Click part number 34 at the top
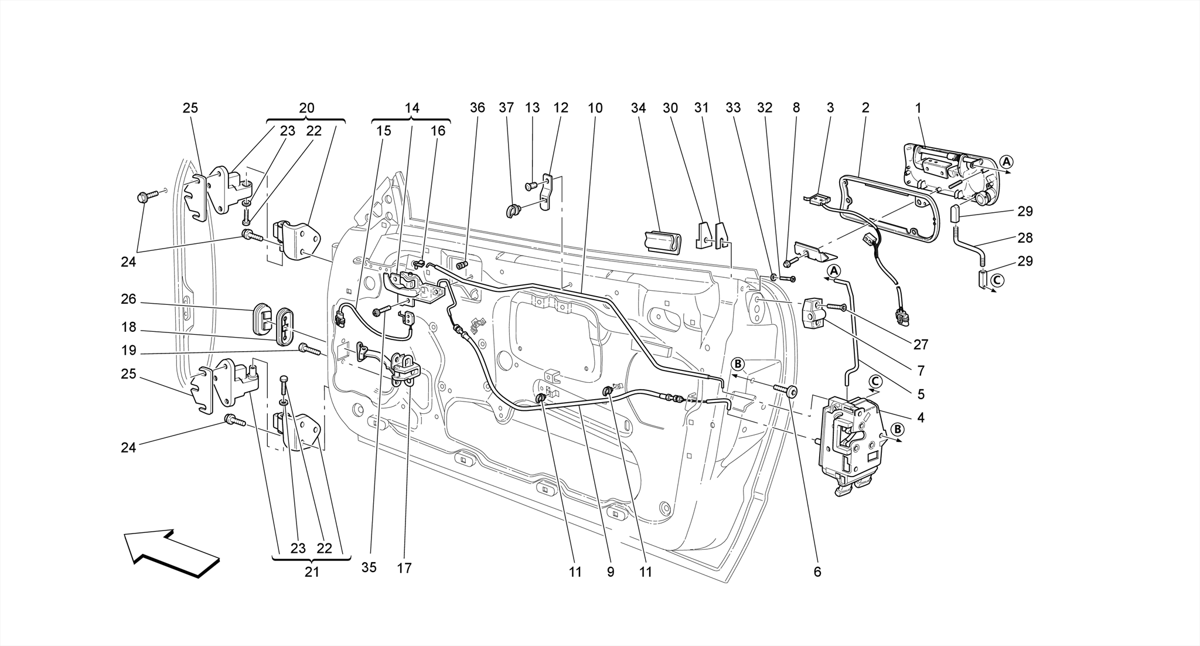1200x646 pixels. [x=638, y=108]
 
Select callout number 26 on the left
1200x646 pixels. [x=128, y=300]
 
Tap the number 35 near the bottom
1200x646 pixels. [x=369, y=567]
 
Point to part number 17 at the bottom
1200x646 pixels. [x=404, y=567]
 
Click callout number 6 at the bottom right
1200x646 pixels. [x=817, y=572]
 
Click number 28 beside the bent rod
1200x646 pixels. [x=1025, y=237]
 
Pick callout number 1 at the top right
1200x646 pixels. [x=918, y=108]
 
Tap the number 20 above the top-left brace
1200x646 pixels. [x=306, y=108]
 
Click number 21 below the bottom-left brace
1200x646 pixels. [x=312, y=572]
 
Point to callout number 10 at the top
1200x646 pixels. [x=595, y=108]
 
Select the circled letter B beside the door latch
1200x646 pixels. [x=896, y=430]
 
